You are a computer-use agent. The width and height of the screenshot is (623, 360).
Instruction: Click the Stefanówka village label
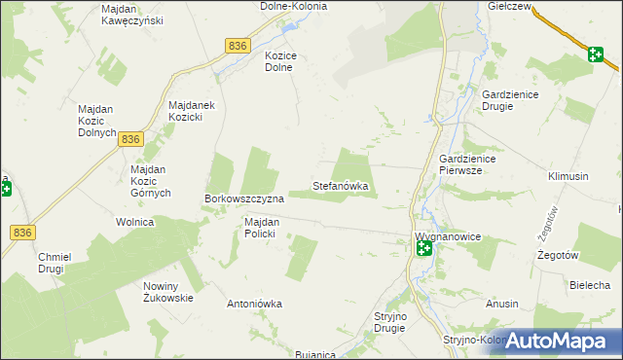[341, 185]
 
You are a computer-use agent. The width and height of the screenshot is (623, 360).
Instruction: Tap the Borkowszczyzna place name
[243, 198]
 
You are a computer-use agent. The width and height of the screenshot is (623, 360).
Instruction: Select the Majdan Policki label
[262, 228]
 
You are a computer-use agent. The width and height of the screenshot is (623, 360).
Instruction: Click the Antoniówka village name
[254, 304]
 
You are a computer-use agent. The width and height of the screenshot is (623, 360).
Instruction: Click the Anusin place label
[502, 304]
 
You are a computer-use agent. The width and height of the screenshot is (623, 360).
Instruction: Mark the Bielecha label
[590, 285]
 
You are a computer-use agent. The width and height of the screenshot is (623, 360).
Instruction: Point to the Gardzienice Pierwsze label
[468, 164]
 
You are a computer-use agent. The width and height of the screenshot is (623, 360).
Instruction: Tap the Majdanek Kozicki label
[198, 111]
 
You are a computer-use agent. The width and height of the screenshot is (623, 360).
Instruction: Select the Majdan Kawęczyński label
[132, 15]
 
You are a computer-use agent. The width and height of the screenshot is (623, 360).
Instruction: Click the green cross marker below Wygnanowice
[424, 249]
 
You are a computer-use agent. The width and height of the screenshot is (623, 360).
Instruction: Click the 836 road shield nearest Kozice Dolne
[238, 46]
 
